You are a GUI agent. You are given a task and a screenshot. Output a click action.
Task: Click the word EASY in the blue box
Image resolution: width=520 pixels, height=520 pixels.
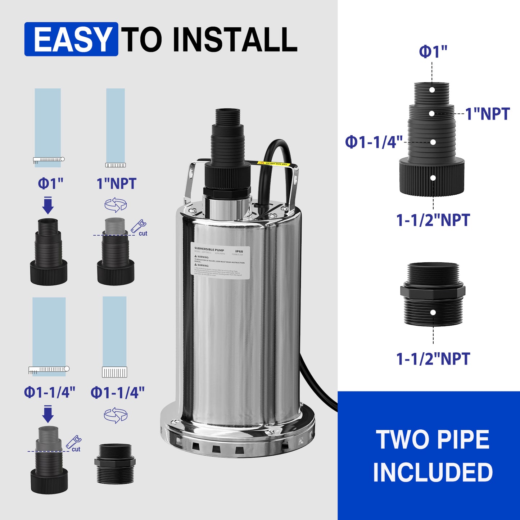pos(72,39)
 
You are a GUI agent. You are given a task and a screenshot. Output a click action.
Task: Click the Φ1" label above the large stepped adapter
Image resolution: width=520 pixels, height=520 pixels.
pos(433,52)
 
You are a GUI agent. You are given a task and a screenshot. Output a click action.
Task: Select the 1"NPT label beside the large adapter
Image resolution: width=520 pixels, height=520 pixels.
pos(488,114)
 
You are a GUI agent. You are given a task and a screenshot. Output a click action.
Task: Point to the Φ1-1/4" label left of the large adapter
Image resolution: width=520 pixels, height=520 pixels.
pos(374,142)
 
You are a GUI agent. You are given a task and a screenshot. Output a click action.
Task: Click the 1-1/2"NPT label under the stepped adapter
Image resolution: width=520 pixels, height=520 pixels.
pos(433,220)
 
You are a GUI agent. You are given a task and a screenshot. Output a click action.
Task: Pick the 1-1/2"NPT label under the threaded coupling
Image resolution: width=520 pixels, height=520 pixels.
pos(433,359)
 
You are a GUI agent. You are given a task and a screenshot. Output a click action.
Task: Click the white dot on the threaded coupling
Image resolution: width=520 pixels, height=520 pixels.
pos(433,312)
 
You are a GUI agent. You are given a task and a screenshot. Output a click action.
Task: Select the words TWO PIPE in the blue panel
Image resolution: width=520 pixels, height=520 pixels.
pos(433,439)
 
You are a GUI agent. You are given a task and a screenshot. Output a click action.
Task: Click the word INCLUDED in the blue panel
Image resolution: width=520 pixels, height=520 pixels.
pos(433,472)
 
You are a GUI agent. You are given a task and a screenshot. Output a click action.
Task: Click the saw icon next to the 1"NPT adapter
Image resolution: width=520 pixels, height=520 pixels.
pos(138,226)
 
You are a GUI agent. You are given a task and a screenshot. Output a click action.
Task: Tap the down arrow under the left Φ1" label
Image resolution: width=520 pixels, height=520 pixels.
pos(48,205)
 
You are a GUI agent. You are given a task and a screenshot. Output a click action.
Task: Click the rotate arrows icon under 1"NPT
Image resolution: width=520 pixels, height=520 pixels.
pos(116,205)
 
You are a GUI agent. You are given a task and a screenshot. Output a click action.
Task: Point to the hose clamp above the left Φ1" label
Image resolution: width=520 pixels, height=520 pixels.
pos(49,159)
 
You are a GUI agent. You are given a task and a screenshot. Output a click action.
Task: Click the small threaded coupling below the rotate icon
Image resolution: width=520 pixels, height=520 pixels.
pos(115,464)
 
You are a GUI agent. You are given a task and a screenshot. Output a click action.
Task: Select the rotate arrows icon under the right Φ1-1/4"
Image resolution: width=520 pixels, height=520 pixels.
pos(116,415)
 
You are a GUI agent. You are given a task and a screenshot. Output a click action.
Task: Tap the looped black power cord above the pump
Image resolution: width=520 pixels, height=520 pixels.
pos(277,151)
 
